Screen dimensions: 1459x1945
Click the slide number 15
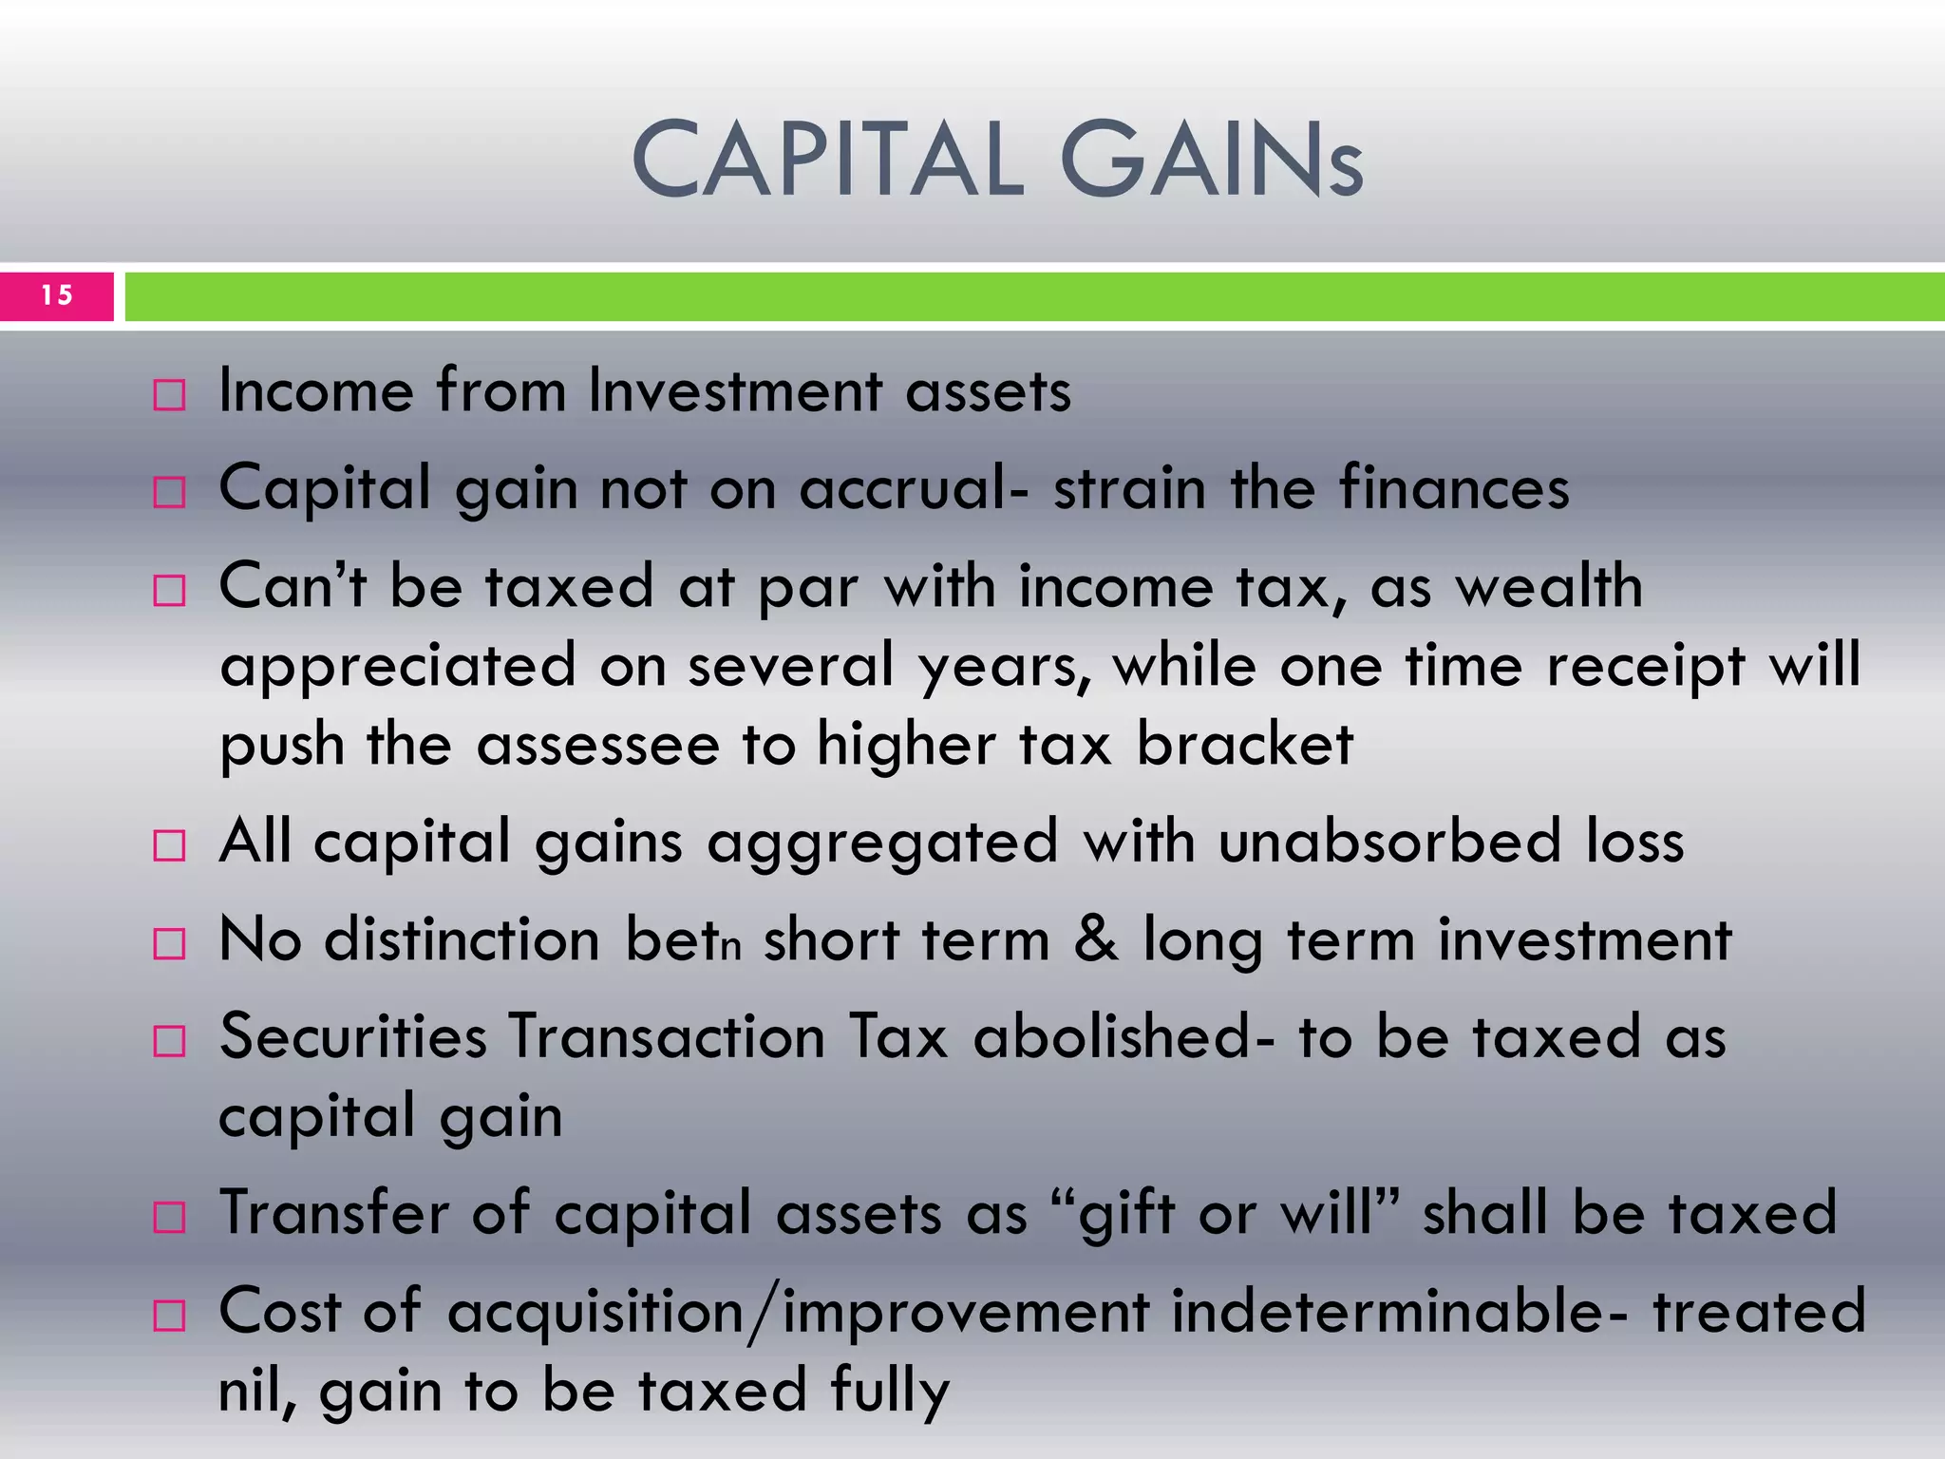(57, 295)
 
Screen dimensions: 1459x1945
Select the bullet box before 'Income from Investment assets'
(169, 394)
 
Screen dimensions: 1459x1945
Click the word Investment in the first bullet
(735, 390)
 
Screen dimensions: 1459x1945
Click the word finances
(1454, 488)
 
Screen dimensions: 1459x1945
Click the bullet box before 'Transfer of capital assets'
(169, 1217)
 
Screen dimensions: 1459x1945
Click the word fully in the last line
(890, 1391)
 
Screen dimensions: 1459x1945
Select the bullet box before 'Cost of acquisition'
(169, 1316)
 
